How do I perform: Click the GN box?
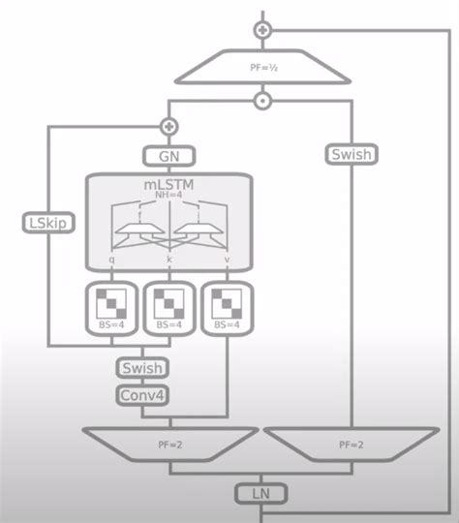(169, 155)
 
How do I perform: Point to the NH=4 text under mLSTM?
(169, 194)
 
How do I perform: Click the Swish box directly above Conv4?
(142, 368)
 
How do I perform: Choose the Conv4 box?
(142, 394)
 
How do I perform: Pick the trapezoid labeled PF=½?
(261, 68)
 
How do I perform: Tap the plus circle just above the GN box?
(169, 126)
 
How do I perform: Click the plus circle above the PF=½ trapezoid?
(261, 30)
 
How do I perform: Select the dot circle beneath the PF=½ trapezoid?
(261, 101)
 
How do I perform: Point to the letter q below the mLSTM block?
(112, 261)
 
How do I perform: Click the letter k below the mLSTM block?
(169, 261)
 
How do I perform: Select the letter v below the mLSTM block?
(227, 261)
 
